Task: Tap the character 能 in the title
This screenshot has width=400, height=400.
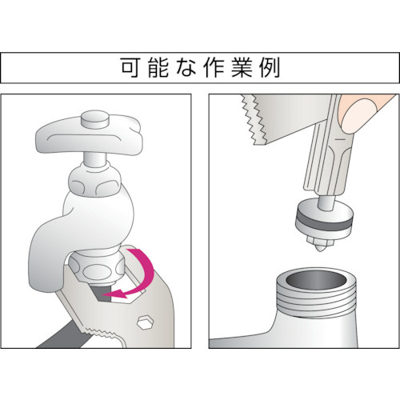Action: (158, 68)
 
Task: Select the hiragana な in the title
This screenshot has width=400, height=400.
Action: (186, 68)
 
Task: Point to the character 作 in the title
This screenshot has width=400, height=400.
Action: (214, 68)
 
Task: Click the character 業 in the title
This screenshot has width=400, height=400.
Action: (242, 68)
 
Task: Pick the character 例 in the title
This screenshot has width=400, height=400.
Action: (270, 68)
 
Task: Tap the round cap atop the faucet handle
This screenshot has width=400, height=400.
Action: (95, 121)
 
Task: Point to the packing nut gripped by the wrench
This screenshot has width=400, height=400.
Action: (96, 268)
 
